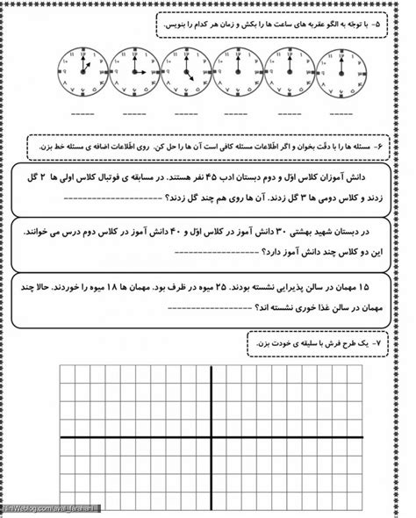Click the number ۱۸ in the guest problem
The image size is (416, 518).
97,287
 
